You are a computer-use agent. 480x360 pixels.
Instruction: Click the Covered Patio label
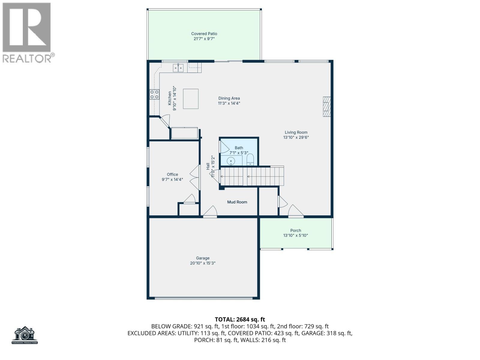(x=204, y=34)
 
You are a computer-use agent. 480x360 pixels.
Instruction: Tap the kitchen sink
(x=178, y=68)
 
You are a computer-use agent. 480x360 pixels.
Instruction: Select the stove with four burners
(x=154, y=94)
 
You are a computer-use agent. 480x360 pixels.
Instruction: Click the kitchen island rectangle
(x=191, y=99)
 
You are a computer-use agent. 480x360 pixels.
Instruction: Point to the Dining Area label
(x=229, y=98)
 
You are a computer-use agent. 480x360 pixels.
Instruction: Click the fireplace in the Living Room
(x=326, y=106)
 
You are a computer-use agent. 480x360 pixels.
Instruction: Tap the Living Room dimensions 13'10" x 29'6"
(x=296, y=137)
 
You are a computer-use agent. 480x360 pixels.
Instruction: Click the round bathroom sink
(x=231, y=161)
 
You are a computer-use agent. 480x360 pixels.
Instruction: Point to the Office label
(x=172, y=174)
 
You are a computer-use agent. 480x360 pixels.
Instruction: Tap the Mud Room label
(x=237, y=202)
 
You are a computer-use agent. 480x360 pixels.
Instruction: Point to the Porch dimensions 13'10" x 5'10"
(x=295, y=235)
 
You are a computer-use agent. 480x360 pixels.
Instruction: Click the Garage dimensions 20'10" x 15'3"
(x=203, y=263)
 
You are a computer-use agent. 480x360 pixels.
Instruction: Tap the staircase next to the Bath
(x=252, y=176)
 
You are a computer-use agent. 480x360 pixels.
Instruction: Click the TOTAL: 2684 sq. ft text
(x=240, y=319)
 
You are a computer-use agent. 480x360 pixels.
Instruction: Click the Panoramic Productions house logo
(x=25, y=335)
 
